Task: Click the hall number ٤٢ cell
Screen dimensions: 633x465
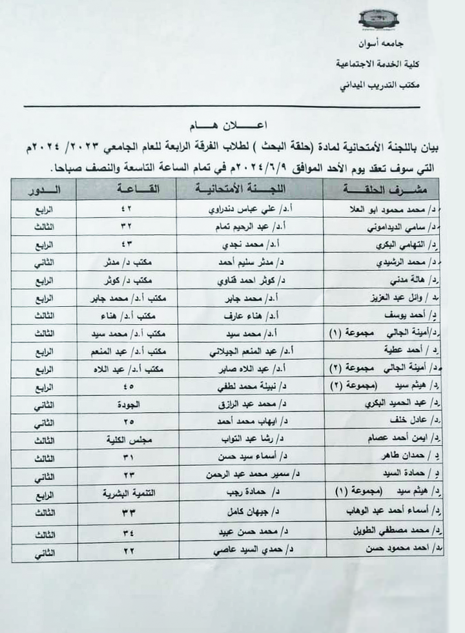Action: pos(127,211)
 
